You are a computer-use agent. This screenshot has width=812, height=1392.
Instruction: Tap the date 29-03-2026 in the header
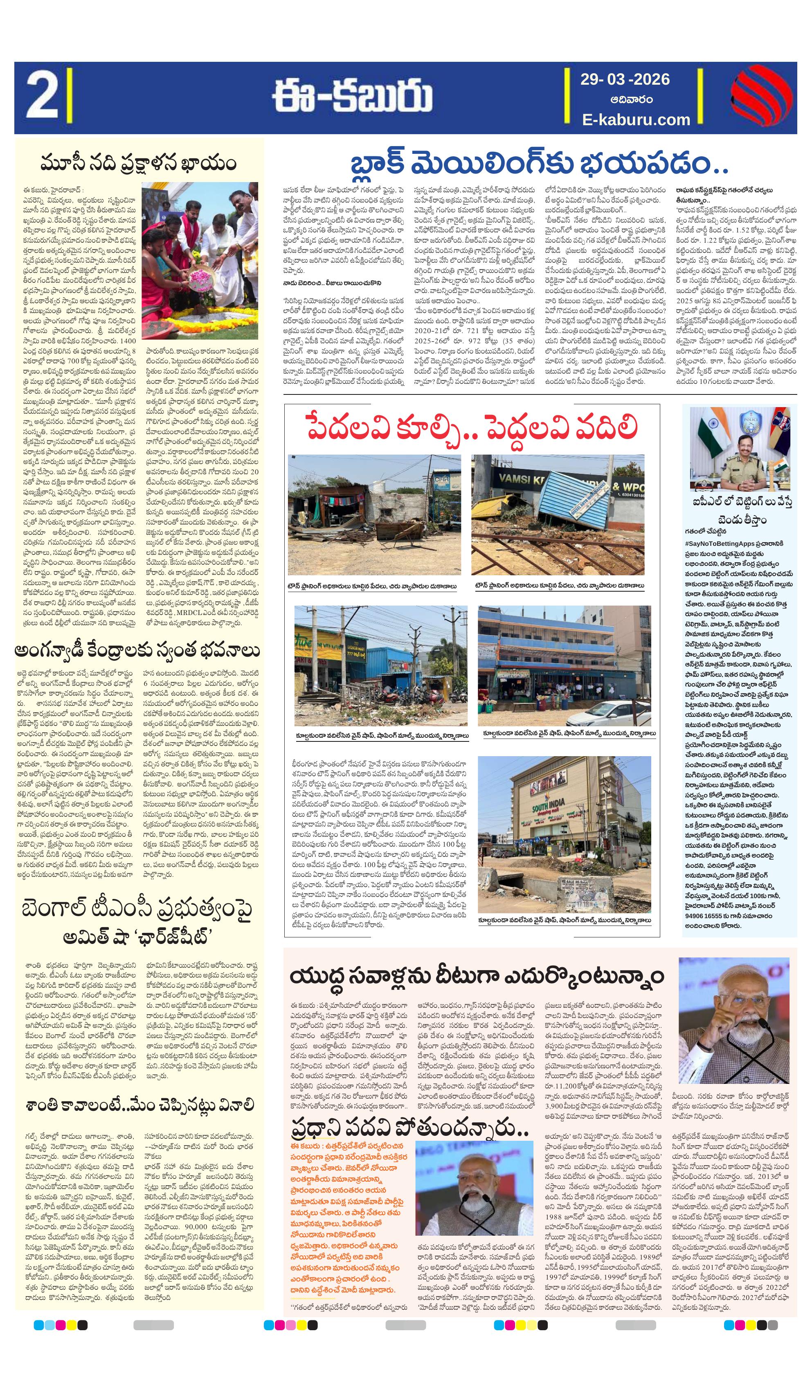coord(624,79)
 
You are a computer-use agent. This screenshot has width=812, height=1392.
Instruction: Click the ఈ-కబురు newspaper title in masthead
coord(351,98)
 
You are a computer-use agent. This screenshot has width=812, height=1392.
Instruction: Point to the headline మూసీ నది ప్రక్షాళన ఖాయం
coord(138,164)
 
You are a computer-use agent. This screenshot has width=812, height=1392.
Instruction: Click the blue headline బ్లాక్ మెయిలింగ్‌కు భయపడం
coord(540,164)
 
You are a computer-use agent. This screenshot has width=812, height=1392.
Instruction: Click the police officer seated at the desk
coord(745,464)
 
